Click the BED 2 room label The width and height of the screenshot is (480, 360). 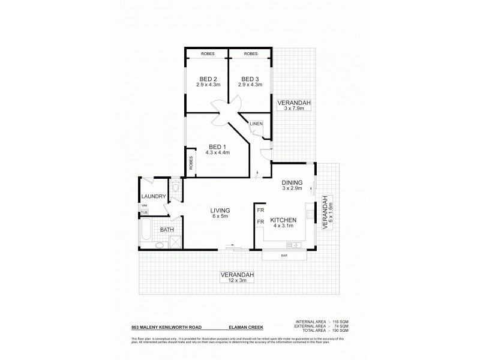click(206, 79)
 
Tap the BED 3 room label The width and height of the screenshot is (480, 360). click(250, 79)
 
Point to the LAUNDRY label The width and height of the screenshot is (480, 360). click(153, 196)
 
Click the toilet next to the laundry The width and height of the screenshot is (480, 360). click(173, 188)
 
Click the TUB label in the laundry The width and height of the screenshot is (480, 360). click(144, 212)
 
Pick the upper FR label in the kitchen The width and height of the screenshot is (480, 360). click(260, 211)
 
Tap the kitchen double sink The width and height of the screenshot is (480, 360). click(293, 244)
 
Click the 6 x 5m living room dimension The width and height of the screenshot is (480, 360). click(220, 217)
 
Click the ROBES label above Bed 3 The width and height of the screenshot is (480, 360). click(251, 54)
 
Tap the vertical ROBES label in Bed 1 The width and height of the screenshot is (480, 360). click(191, 163)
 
